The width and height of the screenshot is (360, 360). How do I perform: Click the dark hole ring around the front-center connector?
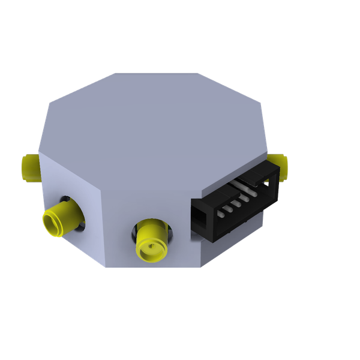[x=169, y=234]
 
